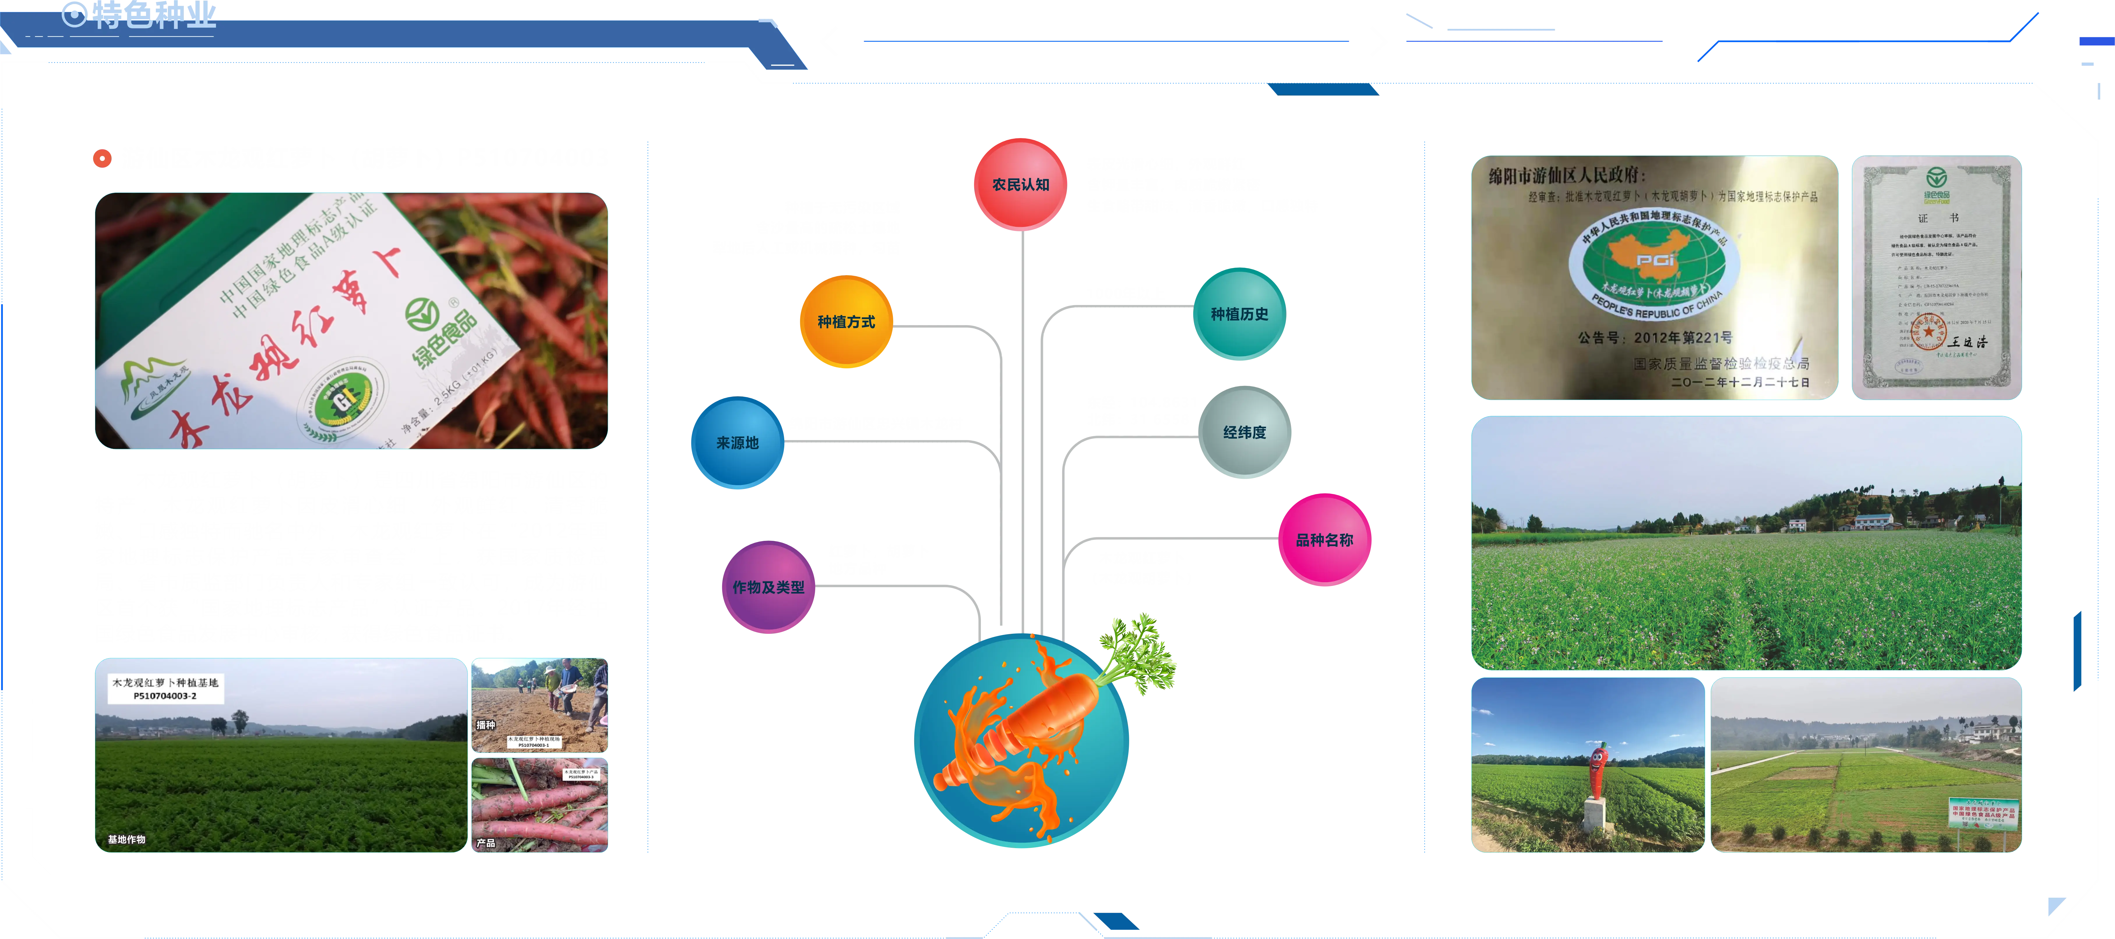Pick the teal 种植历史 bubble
(1239, 314)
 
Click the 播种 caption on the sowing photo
(486, 725)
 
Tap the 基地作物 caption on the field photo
(126, 839)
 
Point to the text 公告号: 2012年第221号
(1654, 337)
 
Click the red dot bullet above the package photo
(102, 158)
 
